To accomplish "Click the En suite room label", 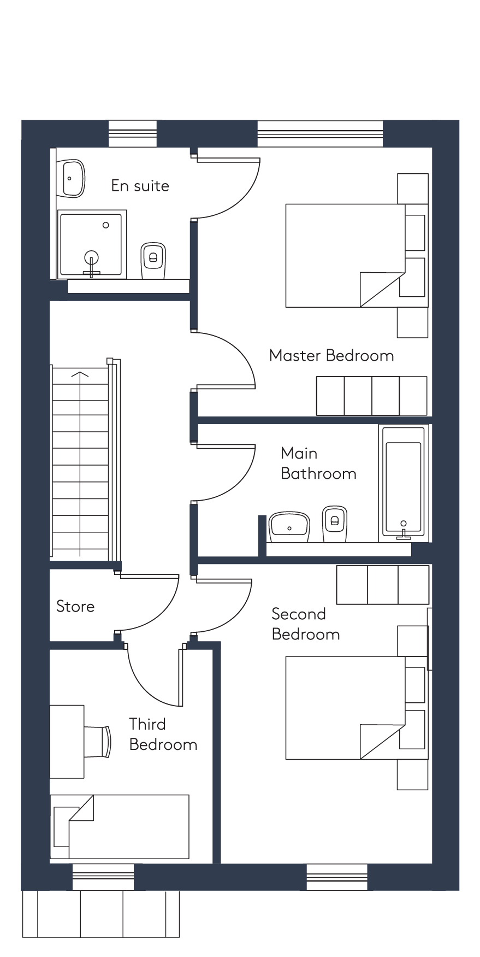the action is [140, 186].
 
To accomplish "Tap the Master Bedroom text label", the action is [331, 356].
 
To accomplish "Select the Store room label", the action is [75, 606].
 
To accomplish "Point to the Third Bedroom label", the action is [163, 734].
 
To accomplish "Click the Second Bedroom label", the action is [305, 624].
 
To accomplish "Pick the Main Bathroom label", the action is [318, 463].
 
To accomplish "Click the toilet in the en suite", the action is [153, 261].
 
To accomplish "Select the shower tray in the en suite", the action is [92, 244].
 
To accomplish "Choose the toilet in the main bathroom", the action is [334, 524].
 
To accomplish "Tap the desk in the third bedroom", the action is [67, 742].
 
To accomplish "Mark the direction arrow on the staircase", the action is [80, 465].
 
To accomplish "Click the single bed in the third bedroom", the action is [120, 826].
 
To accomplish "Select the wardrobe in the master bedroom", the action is [372, 396].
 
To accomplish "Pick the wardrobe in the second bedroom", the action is [383, 585].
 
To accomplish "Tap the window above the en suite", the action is [133, 133].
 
